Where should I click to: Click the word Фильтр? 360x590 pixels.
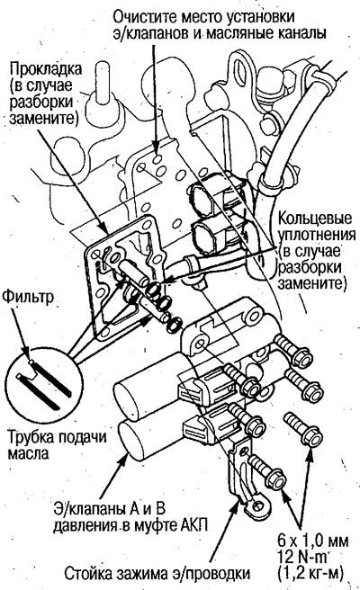(x=26, y=294)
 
